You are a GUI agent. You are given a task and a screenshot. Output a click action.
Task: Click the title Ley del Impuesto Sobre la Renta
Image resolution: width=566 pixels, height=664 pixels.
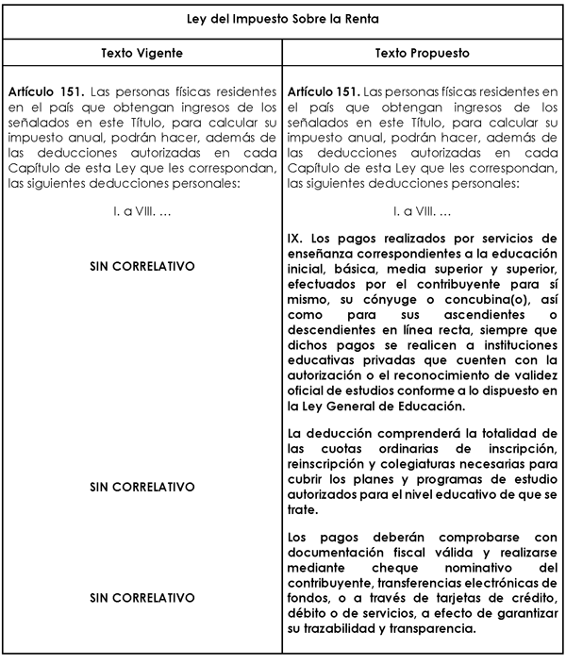[283, 19]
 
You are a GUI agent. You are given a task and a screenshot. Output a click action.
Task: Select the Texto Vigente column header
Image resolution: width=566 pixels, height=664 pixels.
[141, 54]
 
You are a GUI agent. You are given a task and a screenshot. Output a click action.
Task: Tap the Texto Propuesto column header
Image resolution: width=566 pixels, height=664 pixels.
[422, 54]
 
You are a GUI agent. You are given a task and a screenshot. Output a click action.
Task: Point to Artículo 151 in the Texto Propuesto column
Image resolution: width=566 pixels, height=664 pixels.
[321, 95]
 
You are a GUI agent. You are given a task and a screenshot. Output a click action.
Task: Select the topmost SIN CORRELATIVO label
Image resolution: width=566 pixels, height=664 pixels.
[141, 267]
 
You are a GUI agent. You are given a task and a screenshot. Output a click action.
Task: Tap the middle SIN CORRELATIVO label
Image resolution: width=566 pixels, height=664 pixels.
[141, 488]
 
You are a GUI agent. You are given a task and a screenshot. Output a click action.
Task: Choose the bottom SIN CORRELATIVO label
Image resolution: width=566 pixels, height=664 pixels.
[141, 598]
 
